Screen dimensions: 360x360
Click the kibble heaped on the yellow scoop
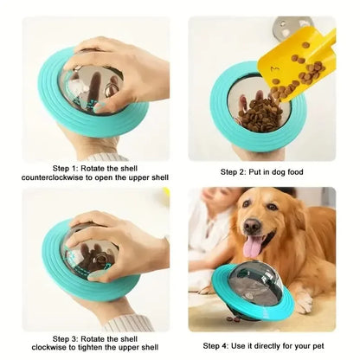[305, 65]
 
